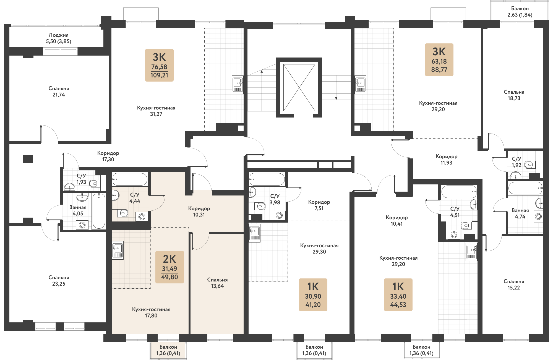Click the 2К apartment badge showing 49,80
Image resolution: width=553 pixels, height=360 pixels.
point(169,267)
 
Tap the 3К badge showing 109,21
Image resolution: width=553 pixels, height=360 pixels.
point(159,65)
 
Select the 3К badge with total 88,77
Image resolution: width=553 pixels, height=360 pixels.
point(439,60)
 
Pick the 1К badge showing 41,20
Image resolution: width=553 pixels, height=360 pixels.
point(313,295)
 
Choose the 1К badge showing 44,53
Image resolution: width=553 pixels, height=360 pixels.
point(398,295)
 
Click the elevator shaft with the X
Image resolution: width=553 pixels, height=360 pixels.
point(299,87)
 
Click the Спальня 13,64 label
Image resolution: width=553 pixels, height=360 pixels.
point(217,283)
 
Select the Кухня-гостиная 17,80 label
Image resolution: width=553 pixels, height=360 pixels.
point(151,312)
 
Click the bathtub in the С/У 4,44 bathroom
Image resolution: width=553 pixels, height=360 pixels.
point(130,179)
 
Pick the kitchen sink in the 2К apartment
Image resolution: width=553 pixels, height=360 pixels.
point(118,250)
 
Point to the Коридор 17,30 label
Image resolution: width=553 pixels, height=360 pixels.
point(108,156)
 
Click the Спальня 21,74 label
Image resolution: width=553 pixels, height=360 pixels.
point(59,92)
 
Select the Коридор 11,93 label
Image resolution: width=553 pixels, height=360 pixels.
point(447,160)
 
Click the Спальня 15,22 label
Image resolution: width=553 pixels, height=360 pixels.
point(514,285)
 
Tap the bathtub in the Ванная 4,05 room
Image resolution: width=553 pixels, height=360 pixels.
point(99,211)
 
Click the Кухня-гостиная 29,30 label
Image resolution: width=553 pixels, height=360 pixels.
point(319,249)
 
